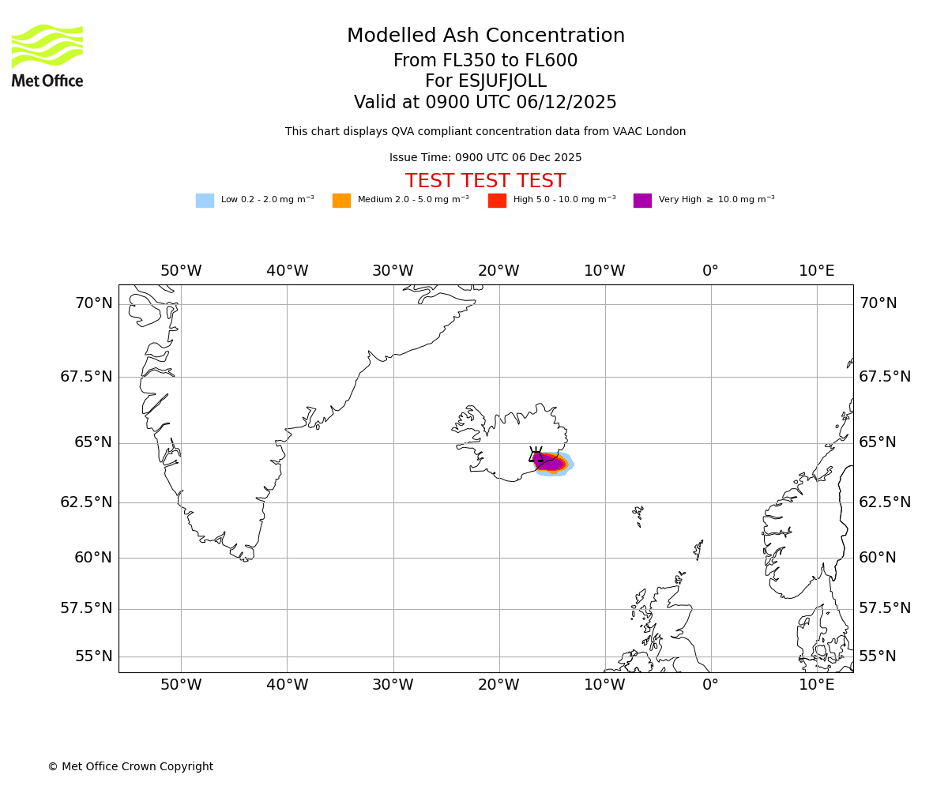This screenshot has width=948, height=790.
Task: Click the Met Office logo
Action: [47, 55]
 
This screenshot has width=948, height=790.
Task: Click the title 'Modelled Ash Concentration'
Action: [486, 36]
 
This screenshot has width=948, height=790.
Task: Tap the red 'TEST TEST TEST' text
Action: [485, 182]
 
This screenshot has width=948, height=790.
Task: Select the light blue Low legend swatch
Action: [205, 201]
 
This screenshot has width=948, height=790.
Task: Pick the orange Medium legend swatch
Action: [341, 201]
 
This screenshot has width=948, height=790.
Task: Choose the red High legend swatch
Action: [497, 201]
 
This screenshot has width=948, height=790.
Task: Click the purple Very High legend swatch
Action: [642, 201]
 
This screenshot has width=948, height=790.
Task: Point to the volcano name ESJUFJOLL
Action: [506, 81]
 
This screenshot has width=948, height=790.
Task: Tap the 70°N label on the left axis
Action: [94, 303]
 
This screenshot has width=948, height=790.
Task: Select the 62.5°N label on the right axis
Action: [885, 502]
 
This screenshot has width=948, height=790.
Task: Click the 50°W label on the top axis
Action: [181, 271]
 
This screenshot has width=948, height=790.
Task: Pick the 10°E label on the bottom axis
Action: [816, 685]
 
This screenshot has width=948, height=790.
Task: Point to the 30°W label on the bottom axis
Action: [393, 685]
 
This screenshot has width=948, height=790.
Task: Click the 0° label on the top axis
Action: [710, 271]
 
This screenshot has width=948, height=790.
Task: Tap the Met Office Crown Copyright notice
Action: [130, 767]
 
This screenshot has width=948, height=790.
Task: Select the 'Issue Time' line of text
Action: [485, 158]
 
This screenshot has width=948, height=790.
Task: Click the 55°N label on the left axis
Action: [94, 656]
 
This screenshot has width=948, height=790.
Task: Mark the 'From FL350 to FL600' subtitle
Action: [485, 61]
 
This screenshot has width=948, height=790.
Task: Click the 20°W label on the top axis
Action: [498, 271]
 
